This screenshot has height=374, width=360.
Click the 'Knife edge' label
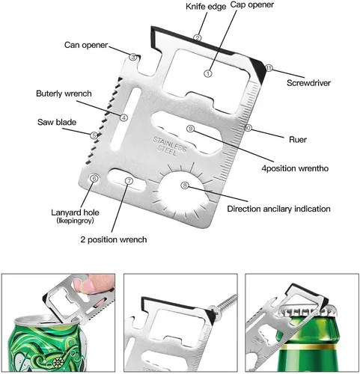click(206, 7)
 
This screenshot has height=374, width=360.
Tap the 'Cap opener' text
click(252, 4)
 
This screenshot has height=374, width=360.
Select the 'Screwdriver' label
click(308, 83)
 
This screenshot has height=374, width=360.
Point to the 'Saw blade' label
click(57, 122)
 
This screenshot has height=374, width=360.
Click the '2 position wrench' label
click(114, 239)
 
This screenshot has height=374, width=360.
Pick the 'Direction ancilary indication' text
click(278, 209)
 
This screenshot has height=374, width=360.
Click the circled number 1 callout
click(208, 73)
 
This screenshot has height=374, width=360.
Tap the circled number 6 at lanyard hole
click(94, 179)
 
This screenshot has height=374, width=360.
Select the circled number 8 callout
click(185, 186)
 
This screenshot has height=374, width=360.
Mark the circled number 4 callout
click(123, 117)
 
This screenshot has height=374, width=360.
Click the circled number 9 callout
click(191, 129)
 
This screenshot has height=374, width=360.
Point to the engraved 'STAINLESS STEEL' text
click(169, 146)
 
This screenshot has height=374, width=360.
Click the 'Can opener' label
click(86, 45)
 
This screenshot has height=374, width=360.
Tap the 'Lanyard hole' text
click(75, 212)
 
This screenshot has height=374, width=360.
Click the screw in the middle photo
click(223, 304)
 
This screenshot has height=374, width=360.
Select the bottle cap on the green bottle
click(305, 312)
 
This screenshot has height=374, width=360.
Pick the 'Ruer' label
click(298, 139)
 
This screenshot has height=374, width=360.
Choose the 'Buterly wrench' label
click(64, 93)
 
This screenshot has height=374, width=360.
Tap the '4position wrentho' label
click(295, 168)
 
